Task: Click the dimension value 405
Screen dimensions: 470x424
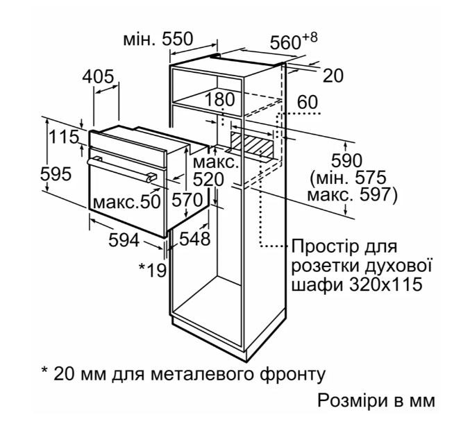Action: click(99, 77)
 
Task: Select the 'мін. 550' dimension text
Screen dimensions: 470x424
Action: click(158, 39)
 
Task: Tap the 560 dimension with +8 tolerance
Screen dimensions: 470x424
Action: click(294, 41)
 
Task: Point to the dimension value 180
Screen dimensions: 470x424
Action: click(219, 99)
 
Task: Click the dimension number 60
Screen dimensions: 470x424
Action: click(308, 102)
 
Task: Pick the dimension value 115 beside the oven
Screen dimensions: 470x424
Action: click(64, 137)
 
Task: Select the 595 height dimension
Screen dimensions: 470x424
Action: click(56, 173)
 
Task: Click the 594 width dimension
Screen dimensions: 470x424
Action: click(124, 240)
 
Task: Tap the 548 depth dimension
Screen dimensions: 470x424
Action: click(195, 239)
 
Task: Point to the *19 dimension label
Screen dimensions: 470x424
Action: click(153, 270)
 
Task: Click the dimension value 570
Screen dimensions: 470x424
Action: click(187, 200)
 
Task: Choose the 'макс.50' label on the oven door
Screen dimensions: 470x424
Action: click(127, 202)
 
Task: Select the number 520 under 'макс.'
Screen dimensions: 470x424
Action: click(208, 180)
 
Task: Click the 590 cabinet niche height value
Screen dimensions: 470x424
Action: click(346, 161)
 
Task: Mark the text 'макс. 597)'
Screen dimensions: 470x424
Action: click(352, 195)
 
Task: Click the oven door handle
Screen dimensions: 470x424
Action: click(121, 169)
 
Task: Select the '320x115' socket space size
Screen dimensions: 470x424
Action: click(386, 284)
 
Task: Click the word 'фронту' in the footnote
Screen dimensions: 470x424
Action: click(292, 375)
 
